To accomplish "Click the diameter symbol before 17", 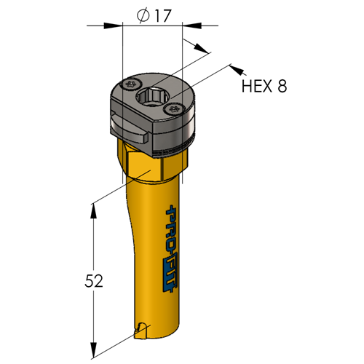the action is pyautogui.click(x=143, y=16).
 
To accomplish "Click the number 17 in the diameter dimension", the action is pyautogui.click(x=163, y=16).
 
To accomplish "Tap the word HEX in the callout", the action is pyautogui.click(x=256, y=86).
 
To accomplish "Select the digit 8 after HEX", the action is pyautogui.click(x=282, y=86).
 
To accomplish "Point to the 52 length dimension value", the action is pyautogui.click(x=94, y=281).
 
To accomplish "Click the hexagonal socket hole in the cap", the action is pyautogui.click(x=152, y=98).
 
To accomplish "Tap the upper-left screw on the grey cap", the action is pyautogui.click(x=132, y=84).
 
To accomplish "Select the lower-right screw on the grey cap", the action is pyautogui.click(x=173, y=109).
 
